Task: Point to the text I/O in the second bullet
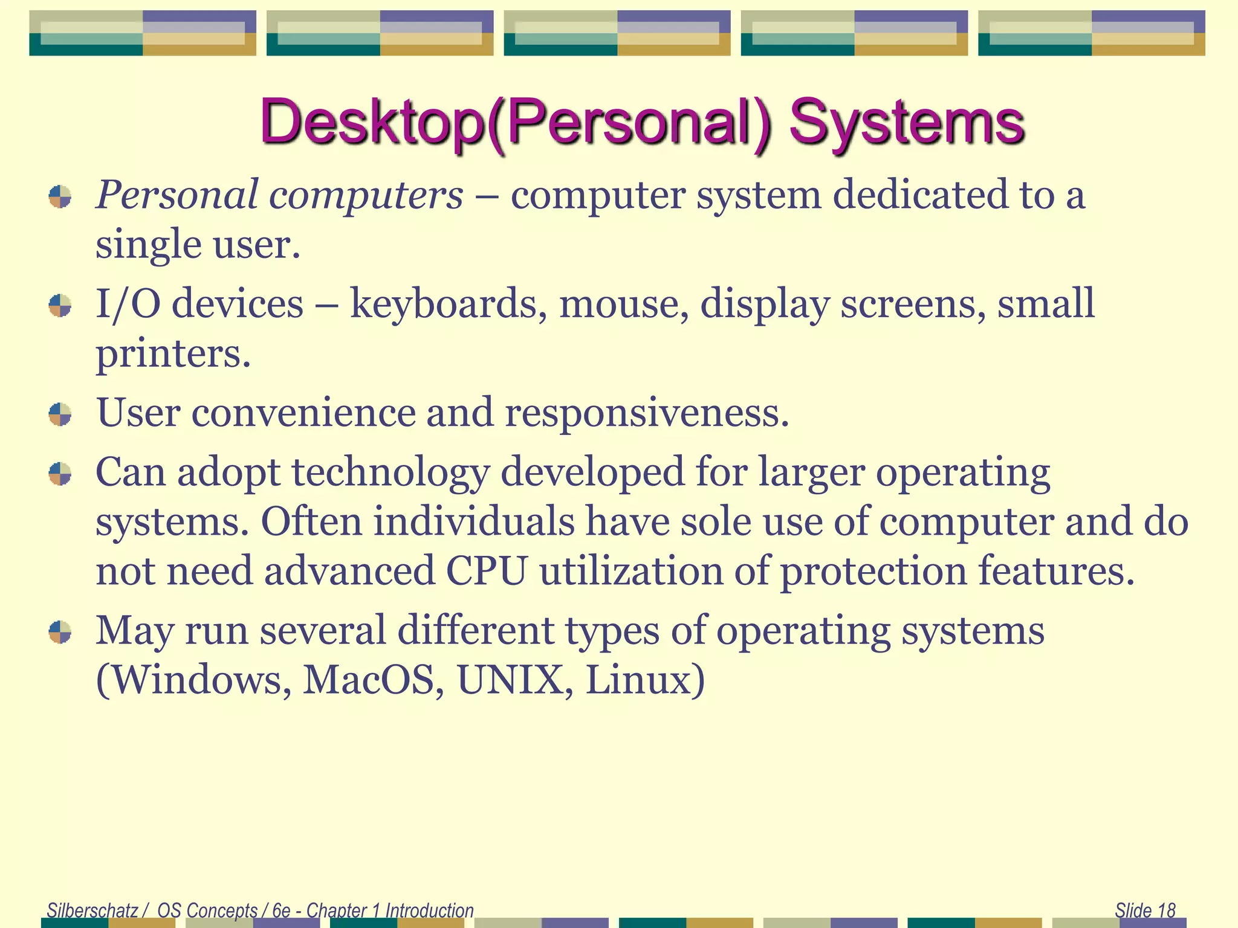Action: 128,304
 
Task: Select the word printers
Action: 172,353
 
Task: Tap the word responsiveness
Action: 647,413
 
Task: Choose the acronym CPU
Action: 487,571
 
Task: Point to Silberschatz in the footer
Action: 92,910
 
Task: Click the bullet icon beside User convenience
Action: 60,414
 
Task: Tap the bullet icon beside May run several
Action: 60,632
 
